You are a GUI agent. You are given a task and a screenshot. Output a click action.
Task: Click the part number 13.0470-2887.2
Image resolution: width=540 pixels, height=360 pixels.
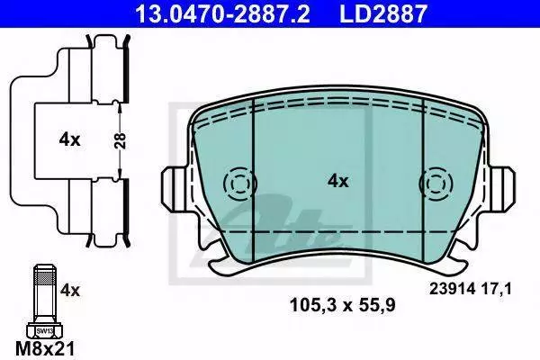point(222,13)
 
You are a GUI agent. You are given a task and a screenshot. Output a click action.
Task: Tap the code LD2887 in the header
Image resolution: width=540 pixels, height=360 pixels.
point(383,13)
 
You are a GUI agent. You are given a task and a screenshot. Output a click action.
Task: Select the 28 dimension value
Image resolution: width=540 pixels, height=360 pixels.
point(120,140)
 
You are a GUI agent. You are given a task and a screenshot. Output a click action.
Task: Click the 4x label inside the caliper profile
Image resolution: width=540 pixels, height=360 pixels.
point(69,139)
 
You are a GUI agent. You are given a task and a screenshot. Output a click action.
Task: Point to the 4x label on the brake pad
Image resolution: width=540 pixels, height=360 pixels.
point(337,181)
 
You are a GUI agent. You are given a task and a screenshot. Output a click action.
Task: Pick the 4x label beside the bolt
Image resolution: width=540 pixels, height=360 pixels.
point(70,291)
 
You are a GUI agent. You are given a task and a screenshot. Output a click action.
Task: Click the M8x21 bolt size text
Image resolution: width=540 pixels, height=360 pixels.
point(45,348)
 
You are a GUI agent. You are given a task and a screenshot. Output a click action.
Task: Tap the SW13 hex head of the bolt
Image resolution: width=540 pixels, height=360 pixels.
point(44,331)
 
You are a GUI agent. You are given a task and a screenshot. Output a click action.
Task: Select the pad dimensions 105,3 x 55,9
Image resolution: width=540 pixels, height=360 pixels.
point(343,305)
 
